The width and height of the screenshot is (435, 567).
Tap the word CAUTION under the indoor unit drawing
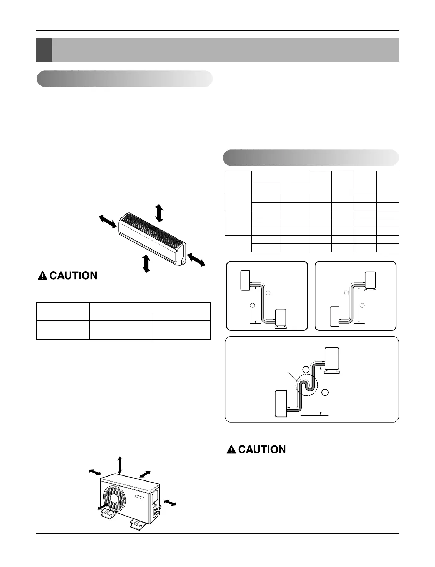point(74,276)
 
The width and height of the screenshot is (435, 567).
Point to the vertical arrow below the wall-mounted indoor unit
point(146,263)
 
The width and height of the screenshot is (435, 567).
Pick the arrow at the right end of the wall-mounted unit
point(196,259)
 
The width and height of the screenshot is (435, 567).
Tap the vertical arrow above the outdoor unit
point(120,465)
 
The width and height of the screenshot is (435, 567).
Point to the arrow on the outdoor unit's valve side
point(170,503)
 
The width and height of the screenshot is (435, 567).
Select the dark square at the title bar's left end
point(44,50)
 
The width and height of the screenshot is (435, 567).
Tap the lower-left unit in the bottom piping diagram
point(281,404)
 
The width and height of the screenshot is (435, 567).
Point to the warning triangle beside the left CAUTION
point(43,276)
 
